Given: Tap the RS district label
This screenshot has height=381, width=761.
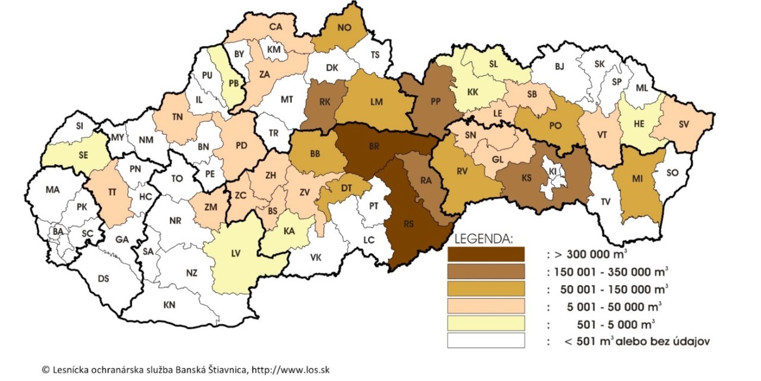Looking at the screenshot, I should pyautogui.click(x=408, y=224).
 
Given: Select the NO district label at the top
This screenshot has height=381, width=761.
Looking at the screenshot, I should pyautogui.click(x=344, y=27).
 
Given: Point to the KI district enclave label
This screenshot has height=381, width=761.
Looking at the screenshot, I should pyautogui.click(x=554, y=171).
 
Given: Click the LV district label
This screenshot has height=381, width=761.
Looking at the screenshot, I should pyautogui.click(x=237, y=253).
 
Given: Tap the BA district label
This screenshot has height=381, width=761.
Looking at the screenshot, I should pyautogui.click(x=58, y=231).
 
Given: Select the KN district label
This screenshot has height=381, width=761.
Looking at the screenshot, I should pyautogui.click(x=169, y=305).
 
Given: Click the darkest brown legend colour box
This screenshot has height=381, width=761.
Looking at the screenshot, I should pyautogui.click(x=486, y=254).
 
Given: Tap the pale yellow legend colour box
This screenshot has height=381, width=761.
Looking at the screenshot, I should pyautogui.click(x=486, y=324).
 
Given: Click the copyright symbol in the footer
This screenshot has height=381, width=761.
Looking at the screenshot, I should pyautogui.click(x=45, y=370).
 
